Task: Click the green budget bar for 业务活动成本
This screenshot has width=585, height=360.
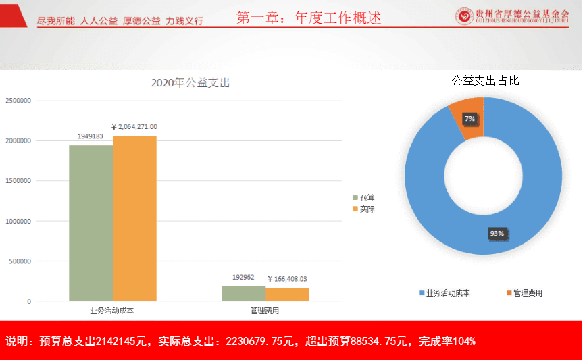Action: click(x=91, y=223)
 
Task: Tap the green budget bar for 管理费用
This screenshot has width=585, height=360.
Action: click(x=244, y=293)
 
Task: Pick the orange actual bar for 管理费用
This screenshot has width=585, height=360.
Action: click(x=287, y=294)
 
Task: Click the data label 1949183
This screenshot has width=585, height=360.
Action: click(x=91, y=136)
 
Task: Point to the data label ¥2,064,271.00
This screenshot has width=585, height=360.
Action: click(x=134, y=127)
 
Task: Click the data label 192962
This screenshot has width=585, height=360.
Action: click(x=244, y=277)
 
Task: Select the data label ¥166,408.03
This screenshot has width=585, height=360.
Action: click(x=287, y=278)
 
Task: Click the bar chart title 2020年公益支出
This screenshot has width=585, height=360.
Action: click(x=190, y=83)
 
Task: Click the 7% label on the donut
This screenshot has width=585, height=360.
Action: click(x=469, y=119)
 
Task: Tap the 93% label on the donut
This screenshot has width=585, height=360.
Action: click(x=497, y=234)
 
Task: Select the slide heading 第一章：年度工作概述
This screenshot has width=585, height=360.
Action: click(x=309, y=18)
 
